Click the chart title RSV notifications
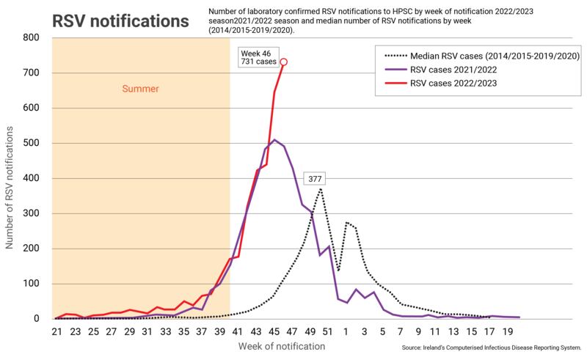(x=120, y=21)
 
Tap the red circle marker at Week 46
(x=284, y=62)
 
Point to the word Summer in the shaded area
(x=140, y=89)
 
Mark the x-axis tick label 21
(x=56, y=331)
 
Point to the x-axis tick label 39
(x=219, y=331)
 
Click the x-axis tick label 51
(x=328, y=331)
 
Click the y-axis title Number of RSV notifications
(x=10, y=177)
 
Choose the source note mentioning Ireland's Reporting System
(x=492, y=346)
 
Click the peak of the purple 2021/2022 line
(x=274, y=140)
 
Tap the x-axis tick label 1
(x=346, y=331)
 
